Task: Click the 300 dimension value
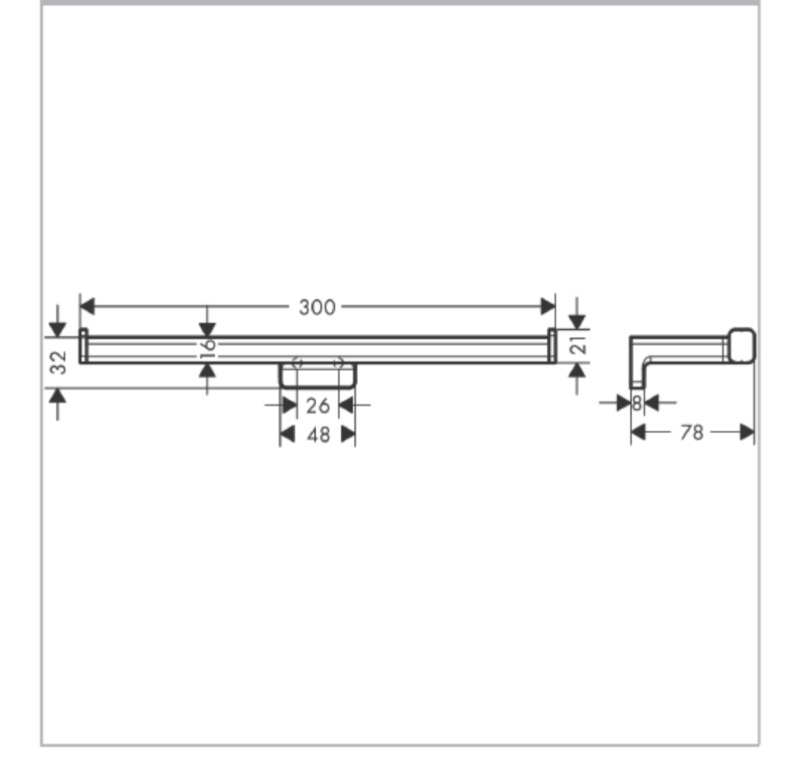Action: [317, 307]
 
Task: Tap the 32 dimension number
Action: [59, 362]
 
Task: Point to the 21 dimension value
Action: [578, 345]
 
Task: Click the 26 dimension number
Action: [318, 406]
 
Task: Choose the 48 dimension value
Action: [318, 435]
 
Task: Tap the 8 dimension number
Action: [637, 404]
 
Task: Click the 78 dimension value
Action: [692, 432]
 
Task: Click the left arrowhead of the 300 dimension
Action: [88, 307]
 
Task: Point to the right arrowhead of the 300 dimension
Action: [548, 307]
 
